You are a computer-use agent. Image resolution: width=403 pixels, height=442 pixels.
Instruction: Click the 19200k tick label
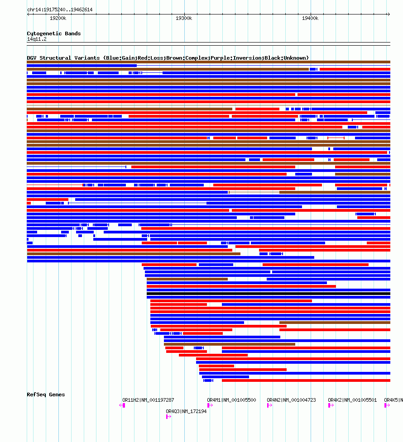pyautogui.click(x=58, y=19)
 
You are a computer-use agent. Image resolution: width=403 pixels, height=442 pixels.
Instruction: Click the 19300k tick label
pyautogui.click(x=184, y=19)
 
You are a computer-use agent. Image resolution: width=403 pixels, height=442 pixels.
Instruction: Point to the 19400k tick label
pyautogui.click(x=310, y=19)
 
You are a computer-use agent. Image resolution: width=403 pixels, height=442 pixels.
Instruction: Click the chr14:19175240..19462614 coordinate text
pyautogui.click(x=60, y=10)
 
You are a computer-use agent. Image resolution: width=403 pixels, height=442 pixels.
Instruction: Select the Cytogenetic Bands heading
pyautogui.click(x=54, y=33)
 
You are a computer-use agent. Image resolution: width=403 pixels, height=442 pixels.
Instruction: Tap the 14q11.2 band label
pyautogui.click(x=37, y=39)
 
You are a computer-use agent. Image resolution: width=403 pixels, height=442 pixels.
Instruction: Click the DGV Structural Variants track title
pyautogui.click(x=168, y=58)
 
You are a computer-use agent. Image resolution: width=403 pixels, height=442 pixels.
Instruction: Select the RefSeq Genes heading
pyautogui.click(x=46, y=394)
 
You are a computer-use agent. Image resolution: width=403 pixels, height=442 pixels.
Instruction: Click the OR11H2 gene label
pyautogui.click(x=148, y=400)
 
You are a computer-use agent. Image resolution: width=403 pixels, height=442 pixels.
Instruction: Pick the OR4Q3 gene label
pyautogui.click(x=186, y=411)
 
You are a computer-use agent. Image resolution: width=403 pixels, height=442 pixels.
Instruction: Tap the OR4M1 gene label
pyautogui.click(x=231, y=400)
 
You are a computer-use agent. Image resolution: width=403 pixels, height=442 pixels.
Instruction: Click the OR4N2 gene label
pyautogui.click(x=291, y=400)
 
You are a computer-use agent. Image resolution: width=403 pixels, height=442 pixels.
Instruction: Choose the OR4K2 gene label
pyautogui.click(x=352, y=400)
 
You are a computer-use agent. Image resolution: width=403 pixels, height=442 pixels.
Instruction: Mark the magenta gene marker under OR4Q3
pyautogui.click(x=168, y=417)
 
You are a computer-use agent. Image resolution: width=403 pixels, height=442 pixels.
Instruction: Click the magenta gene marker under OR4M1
pyautogui.click(x=209, y=405)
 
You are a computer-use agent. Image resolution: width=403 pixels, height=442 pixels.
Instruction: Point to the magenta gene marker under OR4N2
pyautogui.click(x=269, y=405)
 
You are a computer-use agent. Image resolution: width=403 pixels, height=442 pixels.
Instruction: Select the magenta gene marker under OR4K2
pyautogui.click(x=330, y=405)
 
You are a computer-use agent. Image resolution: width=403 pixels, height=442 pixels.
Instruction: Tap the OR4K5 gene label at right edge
pyautogui.click(x=393, y=400)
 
